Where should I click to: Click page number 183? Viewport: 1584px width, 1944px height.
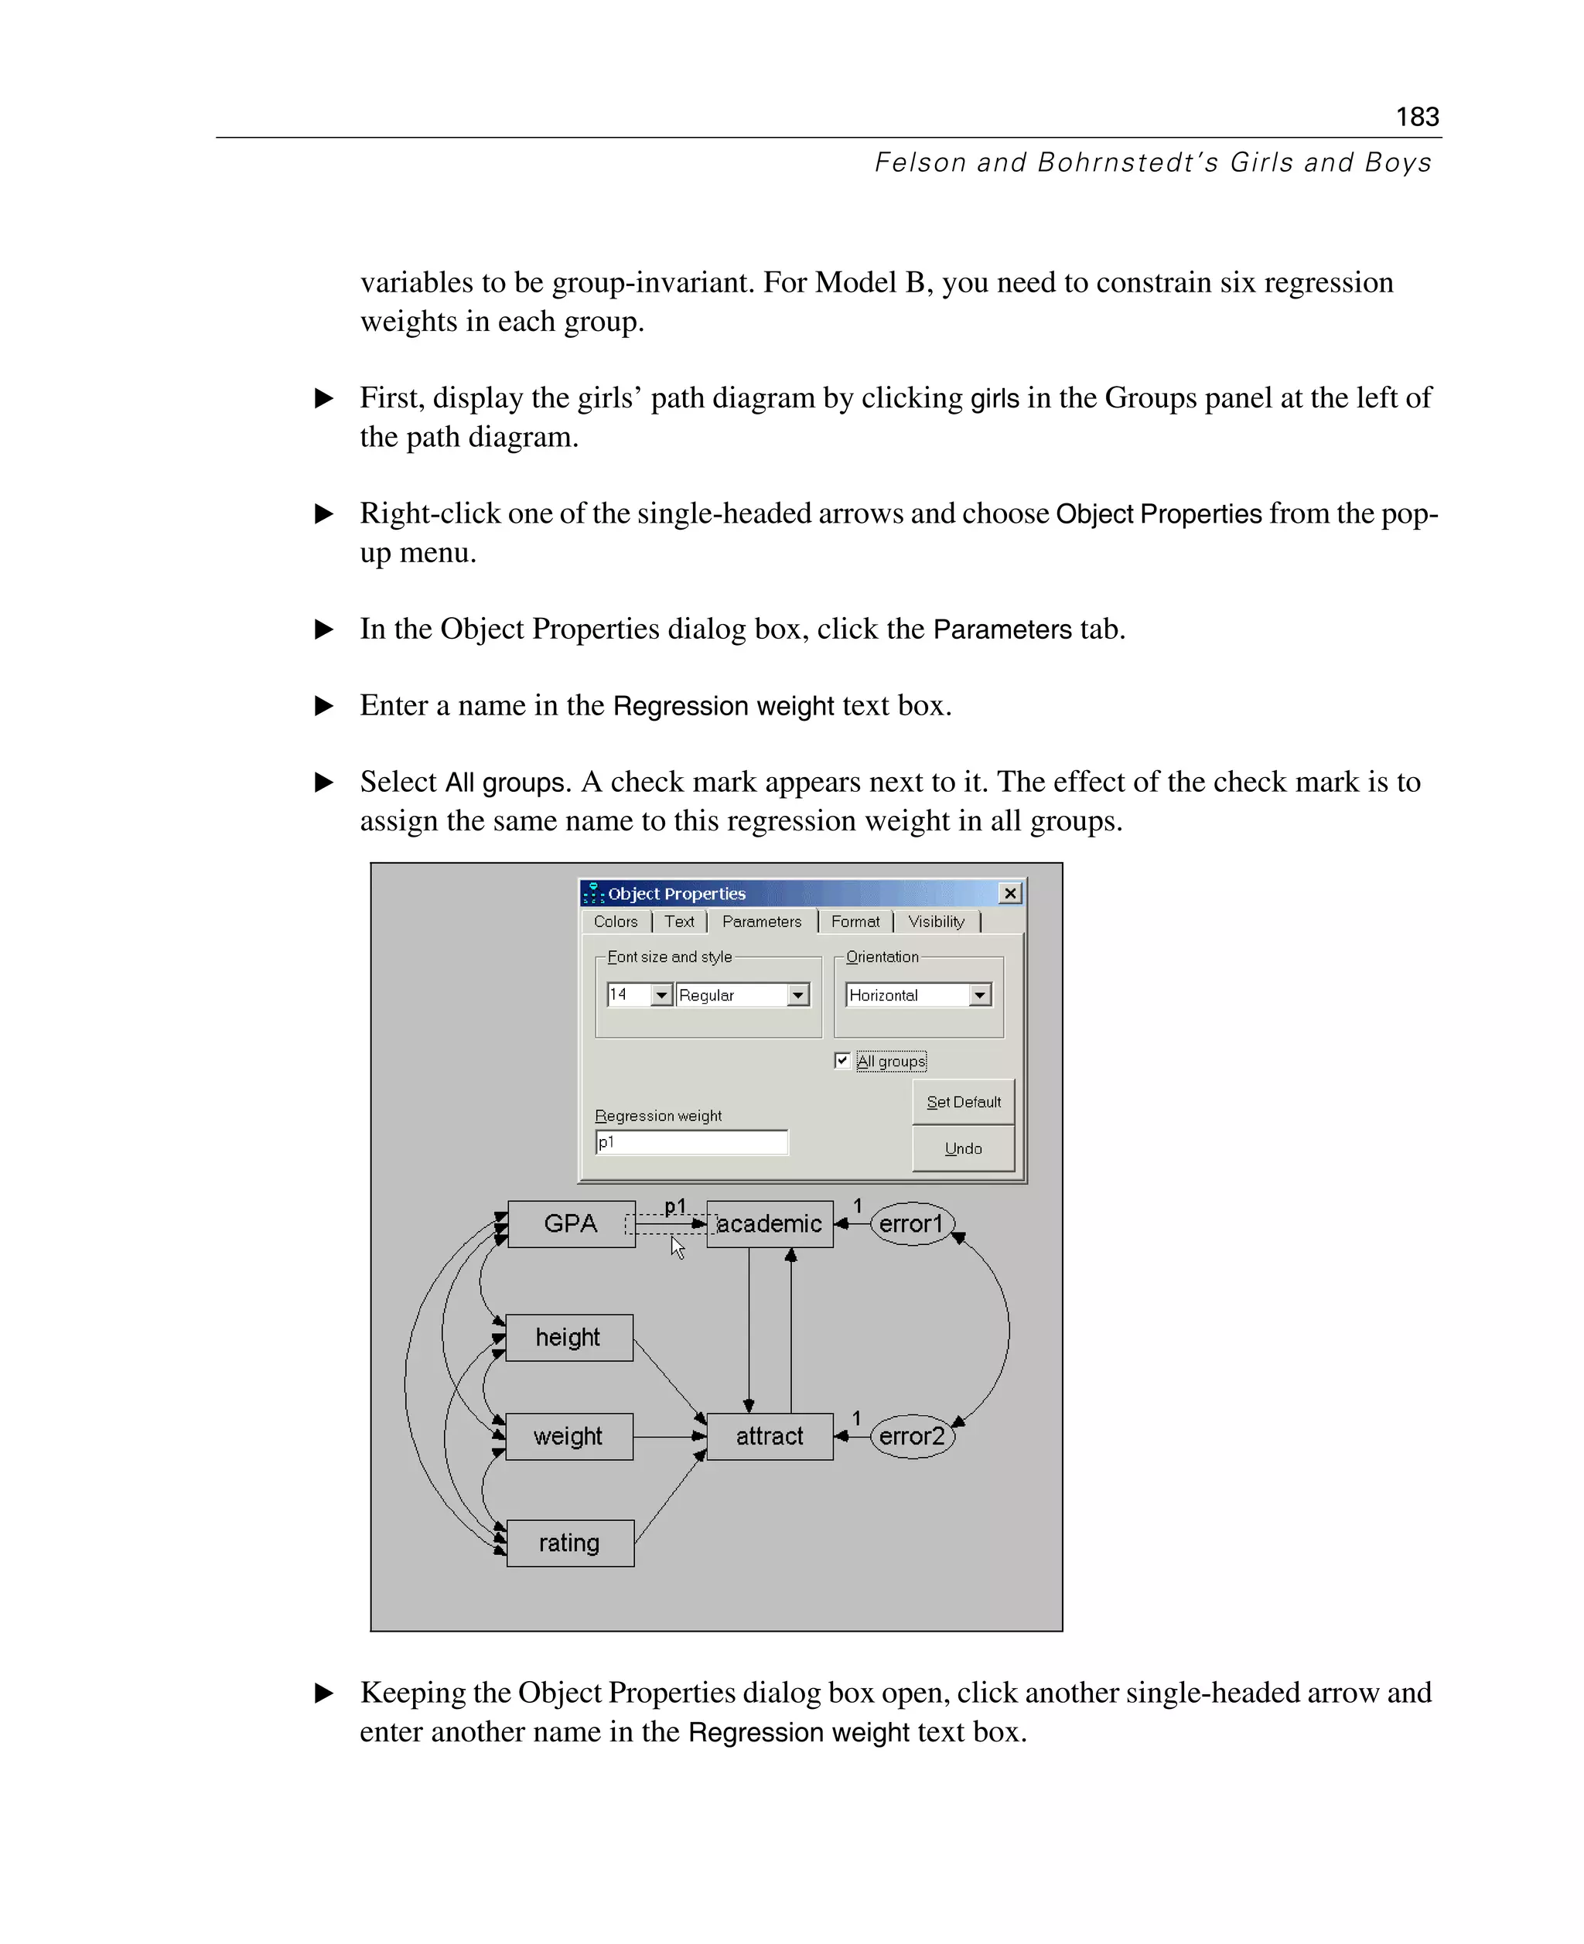[1416, 117]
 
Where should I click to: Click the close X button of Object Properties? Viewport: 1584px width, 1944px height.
[1009, 893]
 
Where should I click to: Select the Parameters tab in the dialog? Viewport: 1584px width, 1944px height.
[761, 922]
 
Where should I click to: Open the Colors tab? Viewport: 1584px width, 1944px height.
[615, 922]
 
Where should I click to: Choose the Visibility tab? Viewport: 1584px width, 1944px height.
[935, 922]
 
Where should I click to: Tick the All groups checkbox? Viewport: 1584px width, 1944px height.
[842, 1060]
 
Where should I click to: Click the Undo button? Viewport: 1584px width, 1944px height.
[963, 1148]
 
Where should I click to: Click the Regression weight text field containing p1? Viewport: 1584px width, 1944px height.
[691, 1142]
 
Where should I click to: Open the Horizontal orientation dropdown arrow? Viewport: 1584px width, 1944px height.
[980, 994]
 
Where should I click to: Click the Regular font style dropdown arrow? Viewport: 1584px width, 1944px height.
[798, 994]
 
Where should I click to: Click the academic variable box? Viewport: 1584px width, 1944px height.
[770, 1223]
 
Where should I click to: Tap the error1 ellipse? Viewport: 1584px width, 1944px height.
[912, 1223]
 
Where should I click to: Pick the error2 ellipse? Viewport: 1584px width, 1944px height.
[912, 1436]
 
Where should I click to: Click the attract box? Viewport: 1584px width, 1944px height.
[770, 1436]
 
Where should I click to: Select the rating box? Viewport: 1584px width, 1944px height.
[569, 1543]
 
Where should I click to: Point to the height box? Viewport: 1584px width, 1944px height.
[568, 1337]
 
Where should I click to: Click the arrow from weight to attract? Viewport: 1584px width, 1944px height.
[668, 1436]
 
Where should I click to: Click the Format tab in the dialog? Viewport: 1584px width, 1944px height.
[855, 922]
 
